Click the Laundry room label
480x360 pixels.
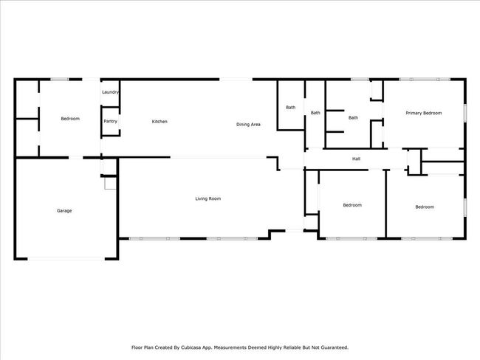pos(110,92)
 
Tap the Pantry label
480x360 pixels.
pos(111,121)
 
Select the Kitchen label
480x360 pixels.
pos(160,122)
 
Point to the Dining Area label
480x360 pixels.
pos(248,125)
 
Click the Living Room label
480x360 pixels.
pos(208,198)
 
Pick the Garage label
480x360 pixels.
pos(64,211)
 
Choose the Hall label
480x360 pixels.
pos(356,159)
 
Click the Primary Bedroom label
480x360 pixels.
pos(424,113)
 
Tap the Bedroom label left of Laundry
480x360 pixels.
pos(70,119)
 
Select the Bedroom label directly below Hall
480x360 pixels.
pos(352,205)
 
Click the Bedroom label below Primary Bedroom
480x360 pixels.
pos(425,207)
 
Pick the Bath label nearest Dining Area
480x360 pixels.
pos(291,108)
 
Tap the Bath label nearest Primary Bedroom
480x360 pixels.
pos(353,118)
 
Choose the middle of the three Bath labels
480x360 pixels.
pos(315,113)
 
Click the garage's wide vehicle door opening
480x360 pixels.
pos(66,259)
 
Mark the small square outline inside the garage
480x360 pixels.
pos(111,183)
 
